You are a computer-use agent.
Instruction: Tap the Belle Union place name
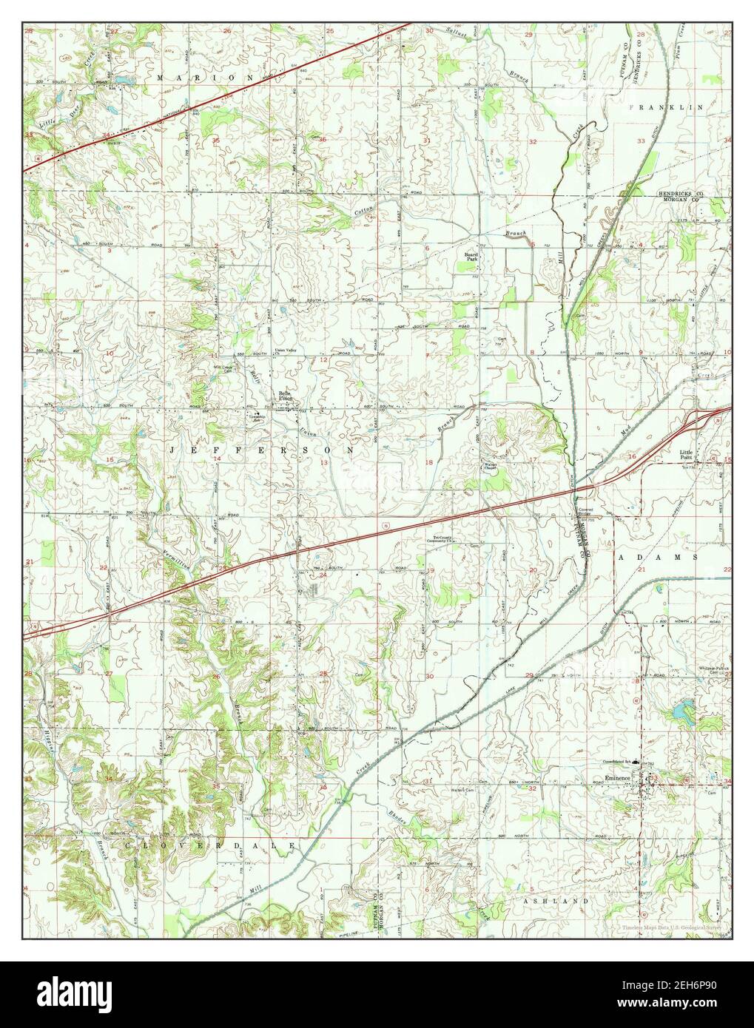(x=286, y=396)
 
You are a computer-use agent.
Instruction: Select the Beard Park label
(x=471, y=257)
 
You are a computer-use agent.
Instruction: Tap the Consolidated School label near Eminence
(x=619, y=762)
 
